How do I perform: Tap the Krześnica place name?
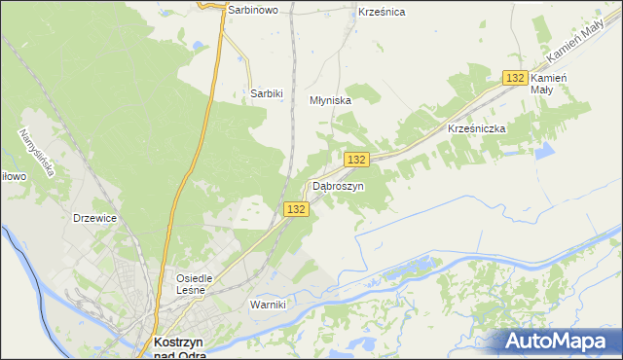point(382,12)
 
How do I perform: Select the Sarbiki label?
point(266,93)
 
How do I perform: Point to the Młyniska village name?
point(330,99)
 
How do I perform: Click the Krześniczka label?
point(476,127)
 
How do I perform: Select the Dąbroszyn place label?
point(338,186)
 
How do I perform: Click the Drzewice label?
point(94,218)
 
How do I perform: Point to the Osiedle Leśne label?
point(194,282)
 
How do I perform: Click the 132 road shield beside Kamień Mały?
point(516,78)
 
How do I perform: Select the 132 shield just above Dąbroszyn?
point(356,160)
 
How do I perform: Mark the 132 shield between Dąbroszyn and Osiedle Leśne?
point(297,209)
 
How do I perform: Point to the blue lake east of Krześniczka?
point(542,151)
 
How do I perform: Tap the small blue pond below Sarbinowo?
point(200,45)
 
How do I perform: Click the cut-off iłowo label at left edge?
point(11,176)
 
